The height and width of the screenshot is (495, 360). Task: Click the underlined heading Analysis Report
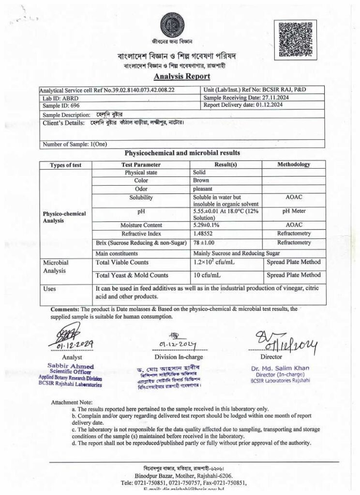182,76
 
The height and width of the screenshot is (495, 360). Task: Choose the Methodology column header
294,164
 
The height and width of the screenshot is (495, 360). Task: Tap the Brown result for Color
201,180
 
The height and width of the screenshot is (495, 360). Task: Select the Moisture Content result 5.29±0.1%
210,225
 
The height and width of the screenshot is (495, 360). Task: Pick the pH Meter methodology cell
294,211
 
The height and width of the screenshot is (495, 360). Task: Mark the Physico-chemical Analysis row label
64,217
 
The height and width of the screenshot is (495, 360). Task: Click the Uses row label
49,289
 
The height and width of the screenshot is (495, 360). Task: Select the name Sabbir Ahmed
71,366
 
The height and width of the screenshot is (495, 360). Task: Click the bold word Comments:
65,309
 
